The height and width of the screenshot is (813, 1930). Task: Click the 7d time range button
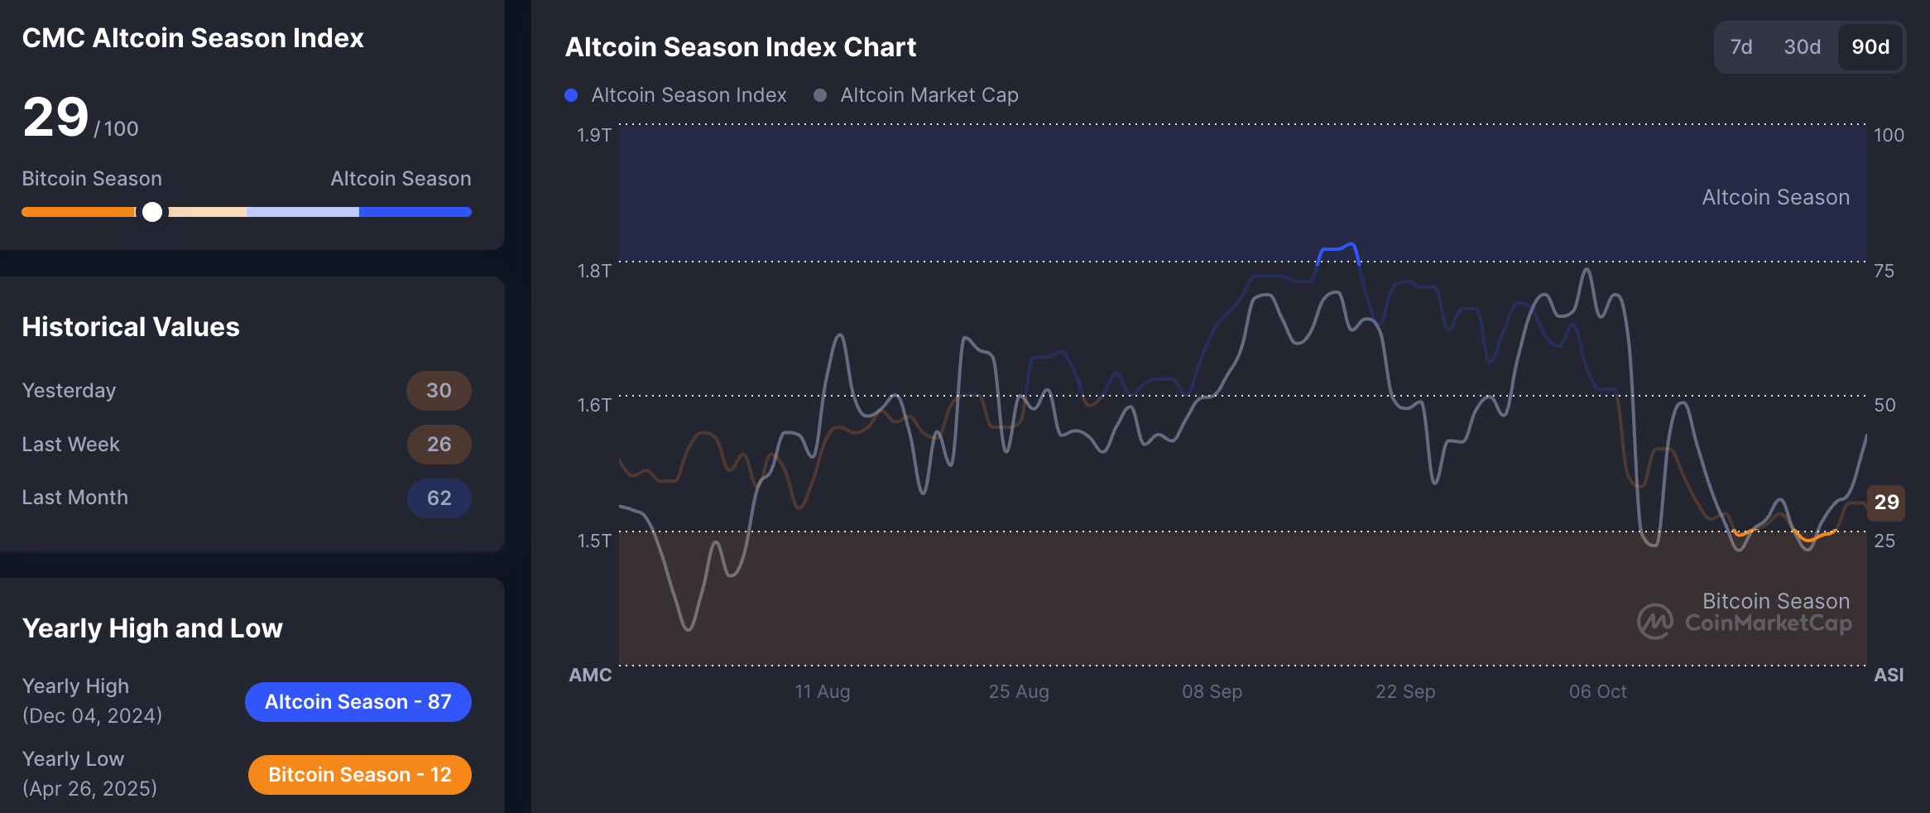pos(1741,47)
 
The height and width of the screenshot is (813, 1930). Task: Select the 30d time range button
pos(1802,47)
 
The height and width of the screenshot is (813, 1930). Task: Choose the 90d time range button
pos(1870,47)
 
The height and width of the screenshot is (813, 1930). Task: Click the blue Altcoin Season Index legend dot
pos(571,95)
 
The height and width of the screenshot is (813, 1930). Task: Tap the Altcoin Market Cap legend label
pos(929,95)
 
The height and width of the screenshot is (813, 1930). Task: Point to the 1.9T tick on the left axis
pos(593,135)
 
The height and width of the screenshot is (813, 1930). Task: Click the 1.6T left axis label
pos(593,405)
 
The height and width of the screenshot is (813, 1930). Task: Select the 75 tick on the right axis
pos(1884,271)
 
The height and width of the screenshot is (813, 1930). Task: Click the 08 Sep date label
pos(1212,691)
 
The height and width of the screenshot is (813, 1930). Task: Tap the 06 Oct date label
pos(1597,691)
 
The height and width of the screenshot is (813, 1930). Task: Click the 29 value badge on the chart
pos(1886,502)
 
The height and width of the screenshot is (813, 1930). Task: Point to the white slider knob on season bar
pos(152,212)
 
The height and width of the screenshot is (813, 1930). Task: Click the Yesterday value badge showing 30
pos(439,391)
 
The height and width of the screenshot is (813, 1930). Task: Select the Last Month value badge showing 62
pos(439,498)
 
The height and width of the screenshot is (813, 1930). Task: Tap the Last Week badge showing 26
pos(439,445)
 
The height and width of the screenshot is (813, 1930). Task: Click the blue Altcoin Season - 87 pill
pos(358,702)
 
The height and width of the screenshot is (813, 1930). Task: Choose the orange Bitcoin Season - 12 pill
pos(359,775)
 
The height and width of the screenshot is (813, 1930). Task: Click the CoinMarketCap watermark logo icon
pos(1654,622)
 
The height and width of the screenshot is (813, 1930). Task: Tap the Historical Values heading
pos(131,327)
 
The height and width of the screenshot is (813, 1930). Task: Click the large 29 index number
pos(55,117)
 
